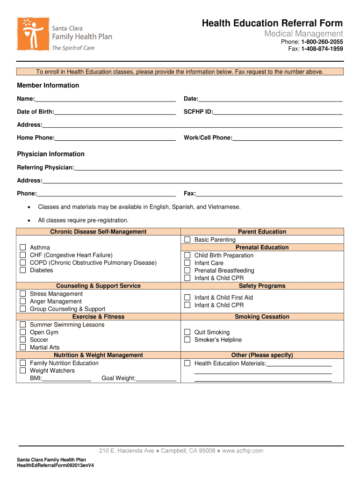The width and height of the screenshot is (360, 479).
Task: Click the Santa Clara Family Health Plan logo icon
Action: pyautogui.click(x=33, y=34)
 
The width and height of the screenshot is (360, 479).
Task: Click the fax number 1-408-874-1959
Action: pyautogui.click(x=322, y=49)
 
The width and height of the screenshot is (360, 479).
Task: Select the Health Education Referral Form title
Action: pyautogui.click(x=272, y=23)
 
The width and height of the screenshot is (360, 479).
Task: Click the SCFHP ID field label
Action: pyautogui.click(x=198, y=112)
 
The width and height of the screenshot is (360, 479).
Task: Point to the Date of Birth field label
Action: pyautogui.click(x=36, y=112)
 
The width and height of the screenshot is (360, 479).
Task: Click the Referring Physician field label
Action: pyautogui.click(x=45, y=167)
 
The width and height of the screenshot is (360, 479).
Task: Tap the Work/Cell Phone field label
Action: pyautogui.click(x=208, y=138)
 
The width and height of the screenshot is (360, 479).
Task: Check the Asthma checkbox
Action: pyautogui.click(x=22, y=247)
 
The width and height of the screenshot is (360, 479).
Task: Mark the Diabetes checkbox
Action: pyautogui.click(x=22, y=270)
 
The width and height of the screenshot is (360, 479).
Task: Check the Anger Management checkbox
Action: pyautogui.click(x=22, y=301)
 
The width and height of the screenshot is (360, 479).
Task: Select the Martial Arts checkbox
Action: pyautogui.click(x=22, y=347)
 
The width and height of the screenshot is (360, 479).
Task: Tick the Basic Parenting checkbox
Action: pyautogui.click(x=187, y=239)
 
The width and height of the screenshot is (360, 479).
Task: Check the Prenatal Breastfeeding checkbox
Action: pyautogui.click(x=187, y=270)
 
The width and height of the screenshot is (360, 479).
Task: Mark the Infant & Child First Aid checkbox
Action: pyautogui.click(x=187, y=298)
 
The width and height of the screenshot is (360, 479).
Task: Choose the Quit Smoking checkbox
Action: pyautogui.click(x=187, y=332)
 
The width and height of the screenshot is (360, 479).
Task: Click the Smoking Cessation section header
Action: pyautogui.click(x=262, y=317)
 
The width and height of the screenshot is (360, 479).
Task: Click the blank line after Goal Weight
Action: pyautogui.click(x=156, y=378)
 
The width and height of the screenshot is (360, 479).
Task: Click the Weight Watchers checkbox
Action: pyautogui.click(x=22, y=370)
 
